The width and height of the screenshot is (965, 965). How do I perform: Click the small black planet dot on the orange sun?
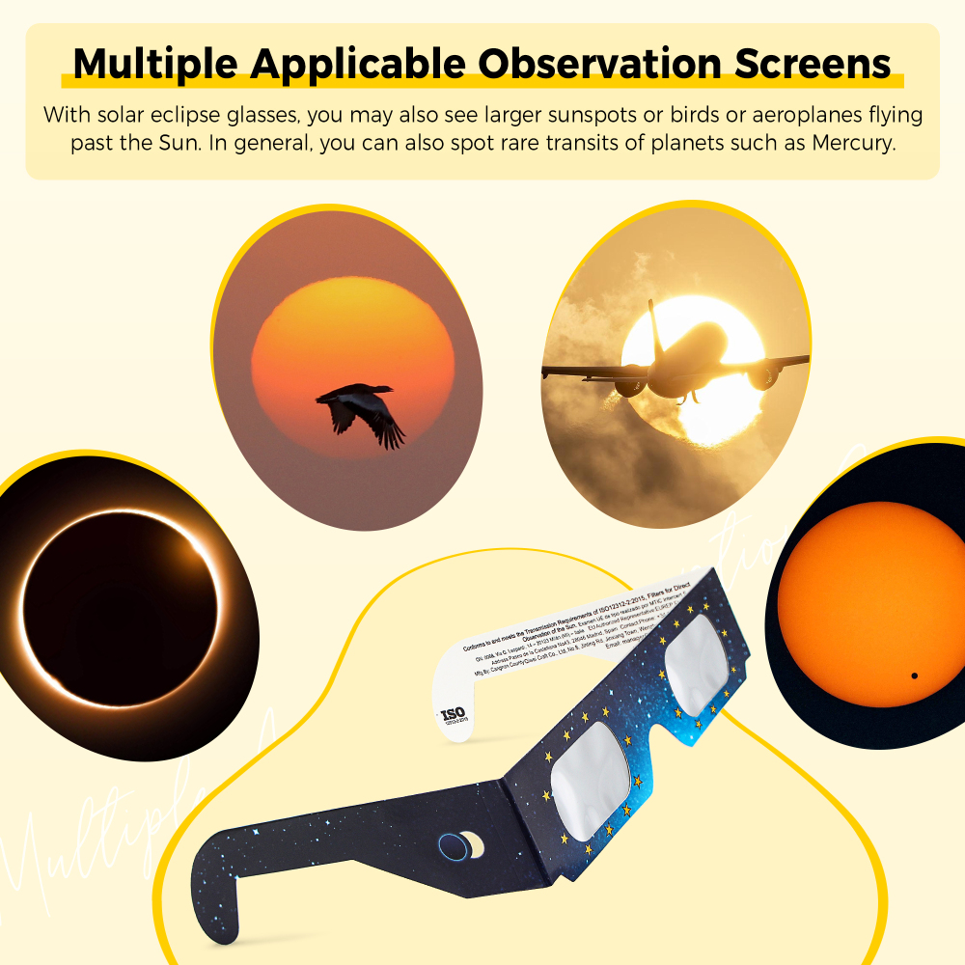pyautogui.click(x=913, y=675)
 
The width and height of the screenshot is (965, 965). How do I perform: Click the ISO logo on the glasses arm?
pyautogui.click(x=453, y=716)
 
